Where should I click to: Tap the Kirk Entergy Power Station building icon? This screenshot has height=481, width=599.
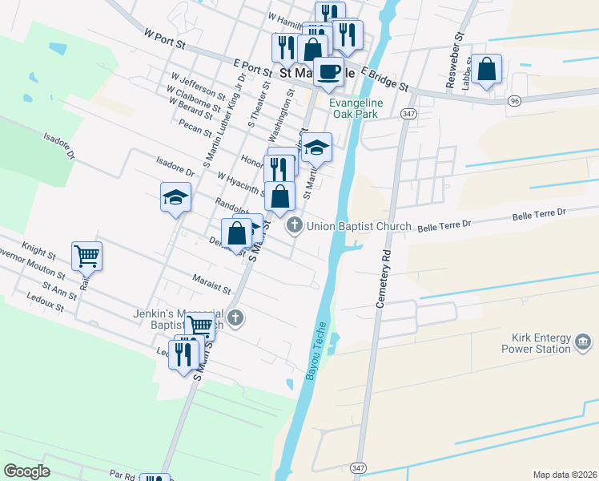tap(583, 344)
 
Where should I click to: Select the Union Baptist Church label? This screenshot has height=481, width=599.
tap(359, 227)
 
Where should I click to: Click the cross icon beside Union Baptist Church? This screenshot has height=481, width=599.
tap(295, 226)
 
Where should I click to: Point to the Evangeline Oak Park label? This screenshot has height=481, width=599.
tap(356, 108)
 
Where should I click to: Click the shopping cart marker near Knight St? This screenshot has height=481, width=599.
tap(86, 257)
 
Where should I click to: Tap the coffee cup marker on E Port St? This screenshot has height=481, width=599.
tap(328, 72)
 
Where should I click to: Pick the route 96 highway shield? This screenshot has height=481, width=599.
tap(514, 100)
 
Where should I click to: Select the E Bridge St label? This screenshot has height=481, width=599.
tap(384, 79)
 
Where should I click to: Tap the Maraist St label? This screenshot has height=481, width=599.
tap(211, 283)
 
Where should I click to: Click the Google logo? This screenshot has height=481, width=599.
tap(26, 471)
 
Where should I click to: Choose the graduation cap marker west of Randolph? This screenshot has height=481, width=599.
tap(175, 196)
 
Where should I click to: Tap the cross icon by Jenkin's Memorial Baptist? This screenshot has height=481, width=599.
tap(235, 317)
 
